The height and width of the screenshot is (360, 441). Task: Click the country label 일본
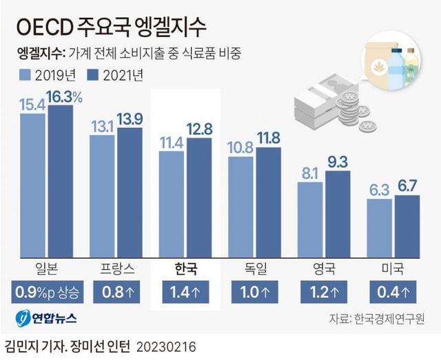click(x=46, y=267)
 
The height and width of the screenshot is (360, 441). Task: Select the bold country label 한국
click(x=185, y=267)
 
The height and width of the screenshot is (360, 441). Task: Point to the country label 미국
click(x=392, y=267)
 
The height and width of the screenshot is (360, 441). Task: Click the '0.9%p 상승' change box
click(x=46, y=293)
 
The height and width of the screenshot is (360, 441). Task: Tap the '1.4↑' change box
click(x=185, y=293)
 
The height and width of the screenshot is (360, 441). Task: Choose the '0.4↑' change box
click(x=392, y=293)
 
